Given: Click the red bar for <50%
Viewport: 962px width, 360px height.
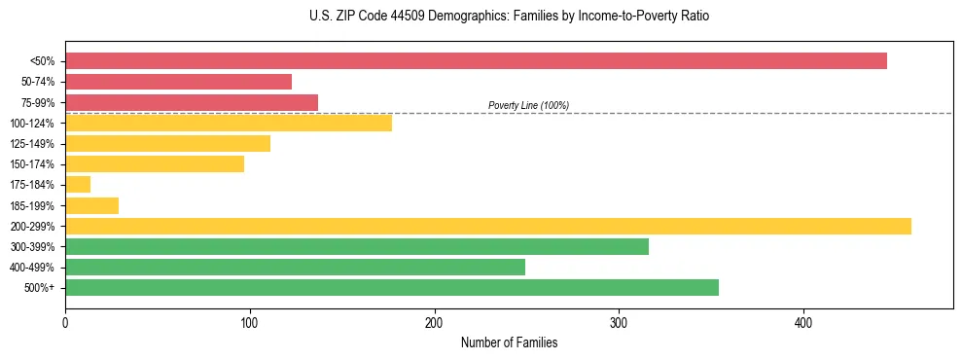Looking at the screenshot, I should coord(476,61).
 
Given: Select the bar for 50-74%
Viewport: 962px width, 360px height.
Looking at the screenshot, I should coord(178,82).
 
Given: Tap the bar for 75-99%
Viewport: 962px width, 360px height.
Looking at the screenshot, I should coord(192,102).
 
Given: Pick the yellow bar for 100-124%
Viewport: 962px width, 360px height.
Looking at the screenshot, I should coord(229,123).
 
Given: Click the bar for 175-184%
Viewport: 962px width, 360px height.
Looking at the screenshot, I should coord(78,185).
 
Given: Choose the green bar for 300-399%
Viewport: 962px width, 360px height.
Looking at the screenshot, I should coord(357,246).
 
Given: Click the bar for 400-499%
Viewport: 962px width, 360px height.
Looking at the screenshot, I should coord(295,267).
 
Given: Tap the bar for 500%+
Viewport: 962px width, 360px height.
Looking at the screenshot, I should coord(392,287).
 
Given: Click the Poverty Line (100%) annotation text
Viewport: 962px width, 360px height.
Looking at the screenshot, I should coord(528,105).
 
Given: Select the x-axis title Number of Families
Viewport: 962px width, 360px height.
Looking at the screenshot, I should coord(509,342).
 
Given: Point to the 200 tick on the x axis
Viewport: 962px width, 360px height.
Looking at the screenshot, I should coord(435,322).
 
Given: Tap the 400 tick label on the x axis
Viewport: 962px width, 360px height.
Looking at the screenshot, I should coord(803,322).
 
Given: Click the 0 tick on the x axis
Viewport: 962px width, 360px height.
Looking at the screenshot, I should coord(65,322).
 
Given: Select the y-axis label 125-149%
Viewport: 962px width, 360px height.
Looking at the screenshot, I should coord(32,144).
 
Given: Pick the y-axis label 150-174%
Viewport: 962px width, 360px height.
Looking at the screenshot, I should coord(32,164).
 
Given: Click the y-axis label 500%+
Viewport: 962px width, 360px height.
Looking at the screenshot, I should coord(39,288).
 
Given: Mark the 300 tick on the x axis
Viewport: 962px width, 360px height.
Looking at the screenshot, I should coord(619,322).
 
